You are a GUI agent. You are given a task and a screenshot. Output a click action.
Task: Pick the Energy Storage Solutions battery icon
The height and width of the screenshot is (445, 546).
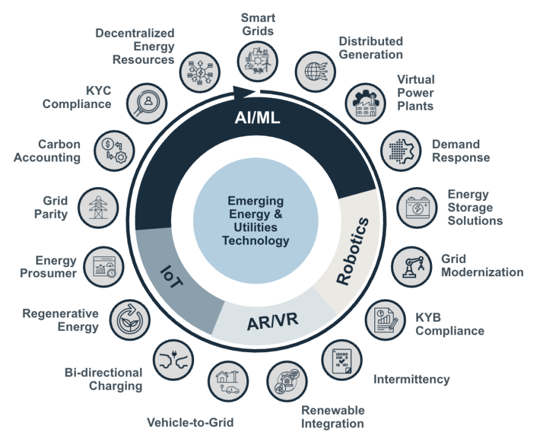tap(418, 207)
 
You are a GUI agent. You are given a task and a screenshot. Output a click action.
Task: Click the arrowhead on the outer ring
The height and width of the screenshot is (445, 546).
tap(245, 92)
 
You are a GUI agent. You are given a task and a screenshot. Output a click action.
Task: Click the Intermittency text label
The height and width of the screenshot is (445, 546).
tap(411, 379)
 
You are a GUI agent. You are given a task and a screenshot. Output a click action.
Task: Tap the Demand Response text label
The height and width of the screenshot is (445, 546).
tap(461, 151)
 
